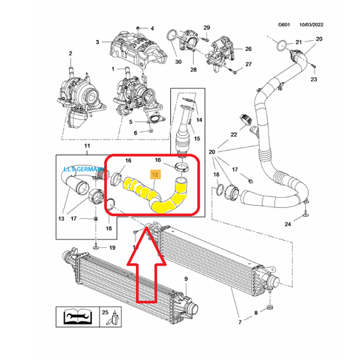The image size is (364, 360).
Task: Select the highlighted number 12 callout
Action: pyautogui.click(x=154, y=175)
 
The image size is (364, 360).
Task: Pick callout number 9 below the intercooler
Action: pyautogui.click(x=186, y=279)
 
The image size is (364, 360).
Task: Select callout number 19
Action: pyautogui.click(x=111, y=248)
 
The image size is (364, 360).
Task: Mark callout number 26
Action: pyautogui.click(x=248, y=49)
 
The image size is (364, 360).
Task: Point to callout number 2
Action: pyautogui.click(x=71, y=53)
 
